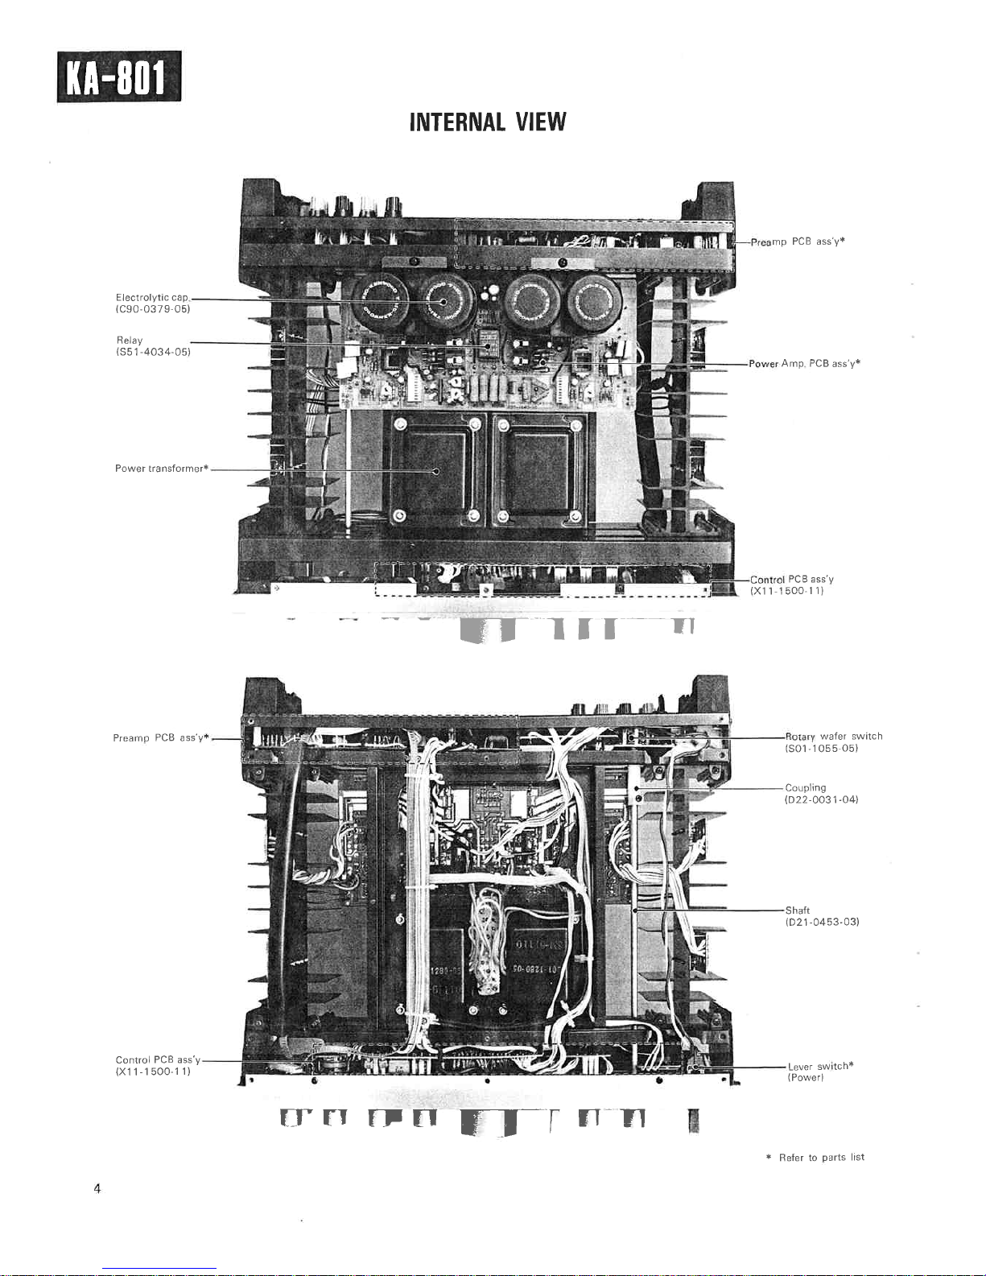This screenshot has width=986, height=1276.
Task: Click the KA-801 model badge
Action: [119, 76]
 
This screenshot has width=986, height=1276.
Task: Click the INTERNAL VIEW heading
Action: [488, 122]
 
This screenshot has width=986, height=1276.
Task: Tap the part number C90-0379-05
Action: [153, 309]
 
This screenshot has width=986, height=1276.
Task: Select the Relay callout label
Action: [130, 341]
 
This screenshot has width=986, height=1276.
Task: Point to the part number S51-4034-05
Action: [153, 352]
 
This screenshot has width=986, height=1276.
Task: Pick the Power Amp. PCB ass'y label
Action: [804, 364]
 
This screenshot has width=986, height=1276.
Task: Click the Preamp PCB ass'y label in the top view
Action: [797, 242]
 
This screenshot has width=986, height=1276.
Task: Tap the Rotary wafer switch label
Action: [834, 737]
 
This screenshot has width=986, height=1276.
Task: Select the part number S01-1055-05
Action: [821, 749]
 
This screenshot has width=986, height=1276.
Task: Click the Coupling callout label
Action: [806, 788]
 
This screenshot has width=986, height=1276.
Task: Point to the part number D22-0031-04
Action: [821, 800]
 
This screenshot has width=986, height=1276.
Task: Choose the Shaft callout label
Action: [798, 911]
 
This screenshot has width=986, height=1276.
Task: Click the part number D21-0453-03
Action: [822, 922]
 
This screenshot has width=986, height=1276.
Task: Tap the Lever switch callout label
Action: [820, 1067]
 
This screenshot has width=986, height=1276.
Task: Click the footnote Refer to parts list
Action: [821, 1158]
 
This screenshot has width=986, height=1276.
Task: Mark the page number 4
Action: [97, 1189]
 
